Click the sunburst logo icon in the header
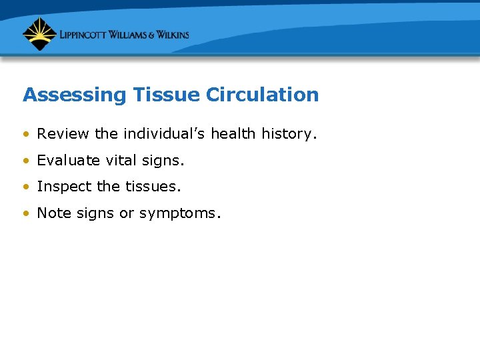[39, 34]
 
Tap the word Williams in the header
[131, 35]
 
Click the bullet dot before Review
[26, 135]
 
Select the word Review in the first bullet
[63, 134]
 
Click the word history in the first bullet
[285, 134]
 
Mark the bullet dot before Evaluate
[26, 161]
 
